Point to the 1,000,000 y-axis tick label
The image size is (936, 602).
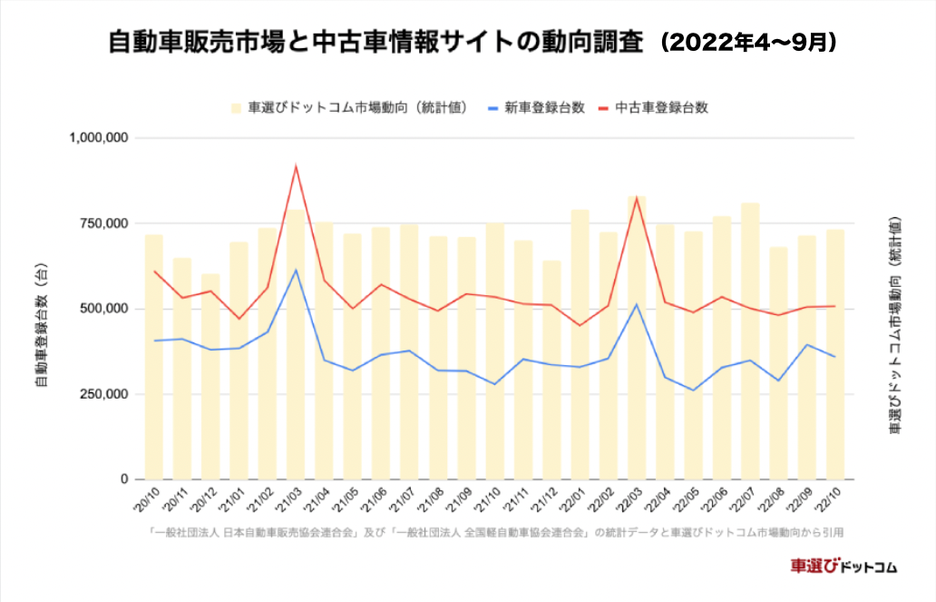coord(100,138)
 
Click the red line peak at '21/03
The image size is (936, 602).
coord(296,166)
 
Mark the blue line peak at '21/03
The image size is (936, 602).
coord(296,270)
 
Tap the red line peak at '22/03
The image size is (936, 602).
coord(637,197)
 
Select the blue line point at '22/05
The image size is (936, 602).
coord(694,390)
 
